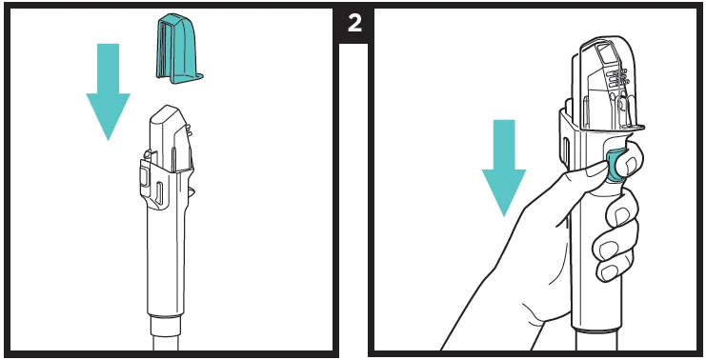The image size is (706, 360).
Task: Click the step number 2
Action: point(354,23)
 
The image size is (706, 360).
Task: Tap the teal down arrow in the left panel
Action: point(108,91)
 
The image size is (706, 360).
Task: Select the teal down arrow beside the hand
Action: point(504,168)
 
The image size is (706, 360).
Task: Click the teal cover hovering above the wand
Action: point(177,50)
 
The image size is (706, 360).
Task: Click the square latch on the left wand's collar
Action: point(144,176)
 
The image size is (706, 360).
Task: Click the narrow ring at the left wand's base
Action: point(166,323)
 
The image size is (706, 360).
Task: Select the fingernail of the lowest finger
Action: point(610,271)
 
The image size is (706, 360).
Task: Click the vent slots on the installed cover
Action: point(616,76)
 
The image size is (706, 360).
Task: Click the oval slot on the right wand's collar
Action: point(566,149)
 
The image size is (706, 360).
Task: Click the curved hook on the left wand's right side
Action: point(191,191)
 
